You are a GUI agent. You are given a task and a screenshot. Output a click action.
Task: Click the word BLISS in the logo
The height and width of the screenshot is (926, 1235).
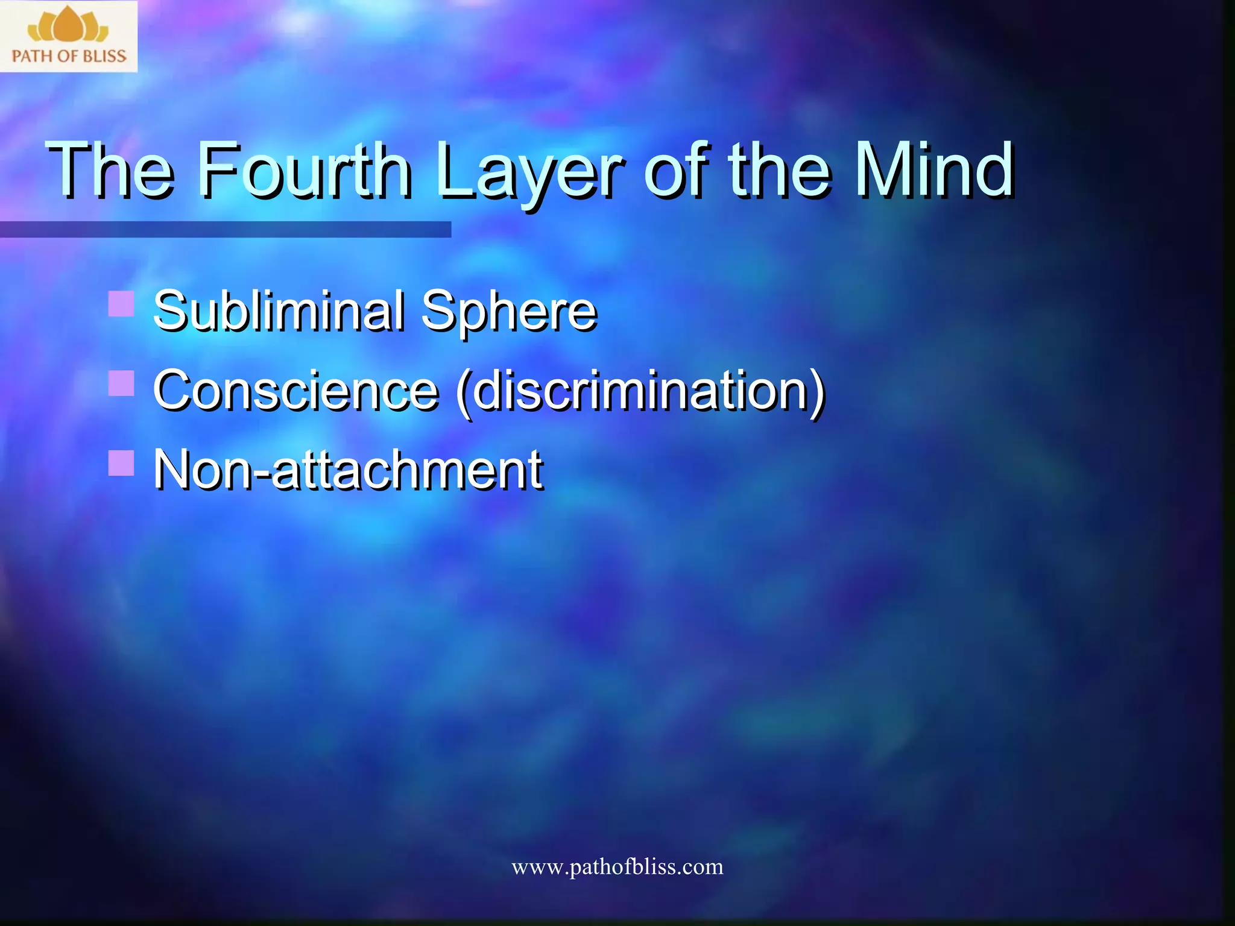click(x=105, y=57)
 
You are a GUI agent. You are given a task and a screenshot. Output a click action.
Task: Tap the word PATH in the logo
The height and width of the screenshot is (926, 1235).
click(x=32, y=57)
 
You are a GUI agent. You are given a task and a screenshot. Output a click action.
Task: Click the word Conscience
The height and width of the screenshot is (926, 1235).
click(x=295, y=390)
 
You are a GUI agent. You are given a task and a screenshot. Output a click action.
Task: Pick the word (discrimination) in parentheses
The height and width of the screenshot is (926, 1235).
click(x=640, y=392)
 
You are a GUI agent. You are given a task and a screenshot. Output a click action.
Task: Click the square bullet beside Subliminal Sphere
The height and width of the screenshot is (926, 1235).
click(x=121, y=304)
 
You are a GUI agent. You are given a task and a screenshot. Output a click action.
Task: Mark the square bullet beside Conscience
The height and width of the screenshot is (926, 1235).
click(x=121, y=383)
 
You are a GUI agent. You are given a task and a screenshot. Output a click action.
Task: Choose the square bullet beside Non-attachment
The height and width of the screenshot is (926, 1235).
click(x=121, y=463)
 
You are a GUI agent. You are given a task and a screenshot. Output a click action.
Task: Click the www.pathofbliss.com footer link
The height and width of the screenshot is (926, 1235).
click(x=617, y=867)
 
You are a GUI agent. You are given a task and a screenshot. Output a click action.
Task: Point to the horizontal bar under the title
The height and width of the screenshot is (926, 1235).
click(x=225, y=229)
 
